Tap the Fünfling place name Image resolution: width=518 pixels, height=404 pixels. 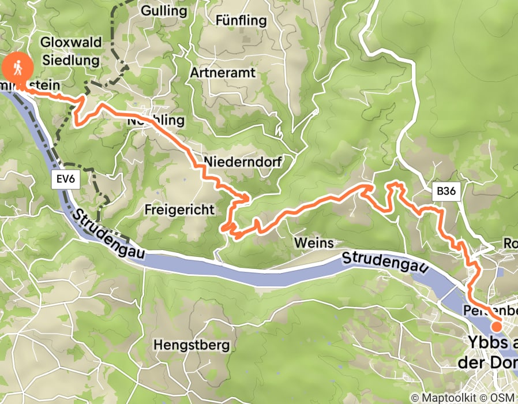click(241, 21)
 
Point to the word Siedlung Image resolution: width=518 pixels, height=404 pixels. click(71, 59)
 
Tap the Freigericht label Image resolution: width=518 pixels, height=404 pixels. click(180, 209)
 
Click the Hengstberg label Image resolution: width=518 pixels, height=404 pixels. click(192, 345)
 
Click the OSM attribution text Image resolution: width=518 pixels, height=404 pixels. click(503, 398)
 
